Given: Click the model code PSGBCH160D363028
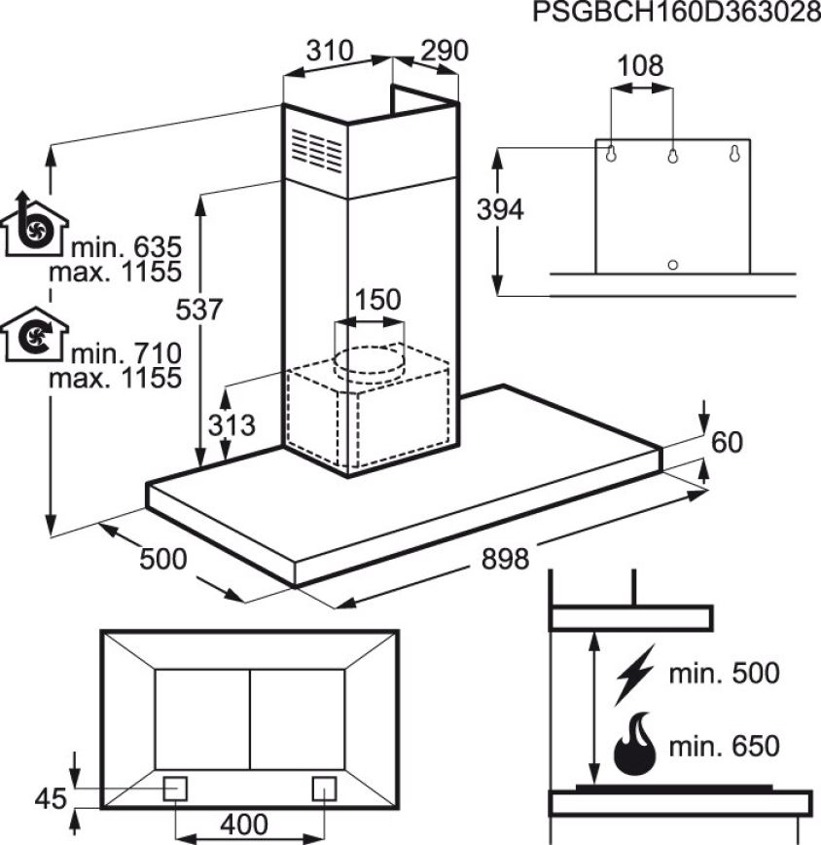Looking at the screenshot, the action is pyautogui.click(x=677, y=13).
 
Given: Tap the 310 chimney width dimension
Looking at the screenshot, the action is pyautogui.click(x=330, y=52).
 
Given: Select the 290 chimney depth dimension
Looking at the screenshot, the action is pyautogui.click(x=445, y=52).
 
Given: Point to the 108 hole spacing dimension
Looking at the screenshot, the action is pyautogui.click(x=641, y=66).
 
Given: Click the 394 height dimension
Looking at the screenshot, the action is pyautogui.click(x=500, y=209).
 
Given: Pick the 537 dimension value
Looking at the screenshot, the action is pyautogui.click(x=199, y=310).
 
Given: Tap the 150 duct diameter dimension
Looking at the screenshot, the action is pyautogui.click(x=377, y=300).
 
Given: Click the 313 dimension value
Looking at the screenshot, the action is pyautogui.click(x=232, y=425).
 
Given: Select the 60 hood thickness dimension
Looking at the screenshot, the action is pyautogui.click(x=727, y=442).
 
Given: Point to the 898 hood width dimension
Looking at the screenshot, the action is pyautogui.click(x=505, y=559).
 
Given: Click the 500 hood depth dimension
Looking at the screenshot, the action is pyautogui.click(x=163, y=559).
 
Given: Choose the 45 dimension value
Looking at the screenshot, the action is pyautogui.click(x=51, y=798).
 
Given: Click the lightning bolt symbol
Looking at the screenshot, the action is pyautogui.click(x=635, y=675).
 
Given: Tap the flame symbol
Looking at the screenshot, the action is pyautogui.click(x=635, y=744).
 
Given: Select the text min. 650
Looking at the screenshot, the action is pyautogui.click(x=724, y=747).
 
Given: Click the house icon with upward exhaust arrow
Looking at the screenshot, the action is pyautogui.click(x=33, y=223).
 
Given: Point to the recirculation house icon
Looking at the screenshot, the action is pyautogui.click(x=33, y=334).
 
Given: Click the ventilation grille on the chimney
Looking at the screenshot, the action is pyautogui.click(x=316, y=150).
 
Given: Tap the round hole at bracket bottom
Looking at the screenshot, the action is pyautogui.click(x=672, y=265).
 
